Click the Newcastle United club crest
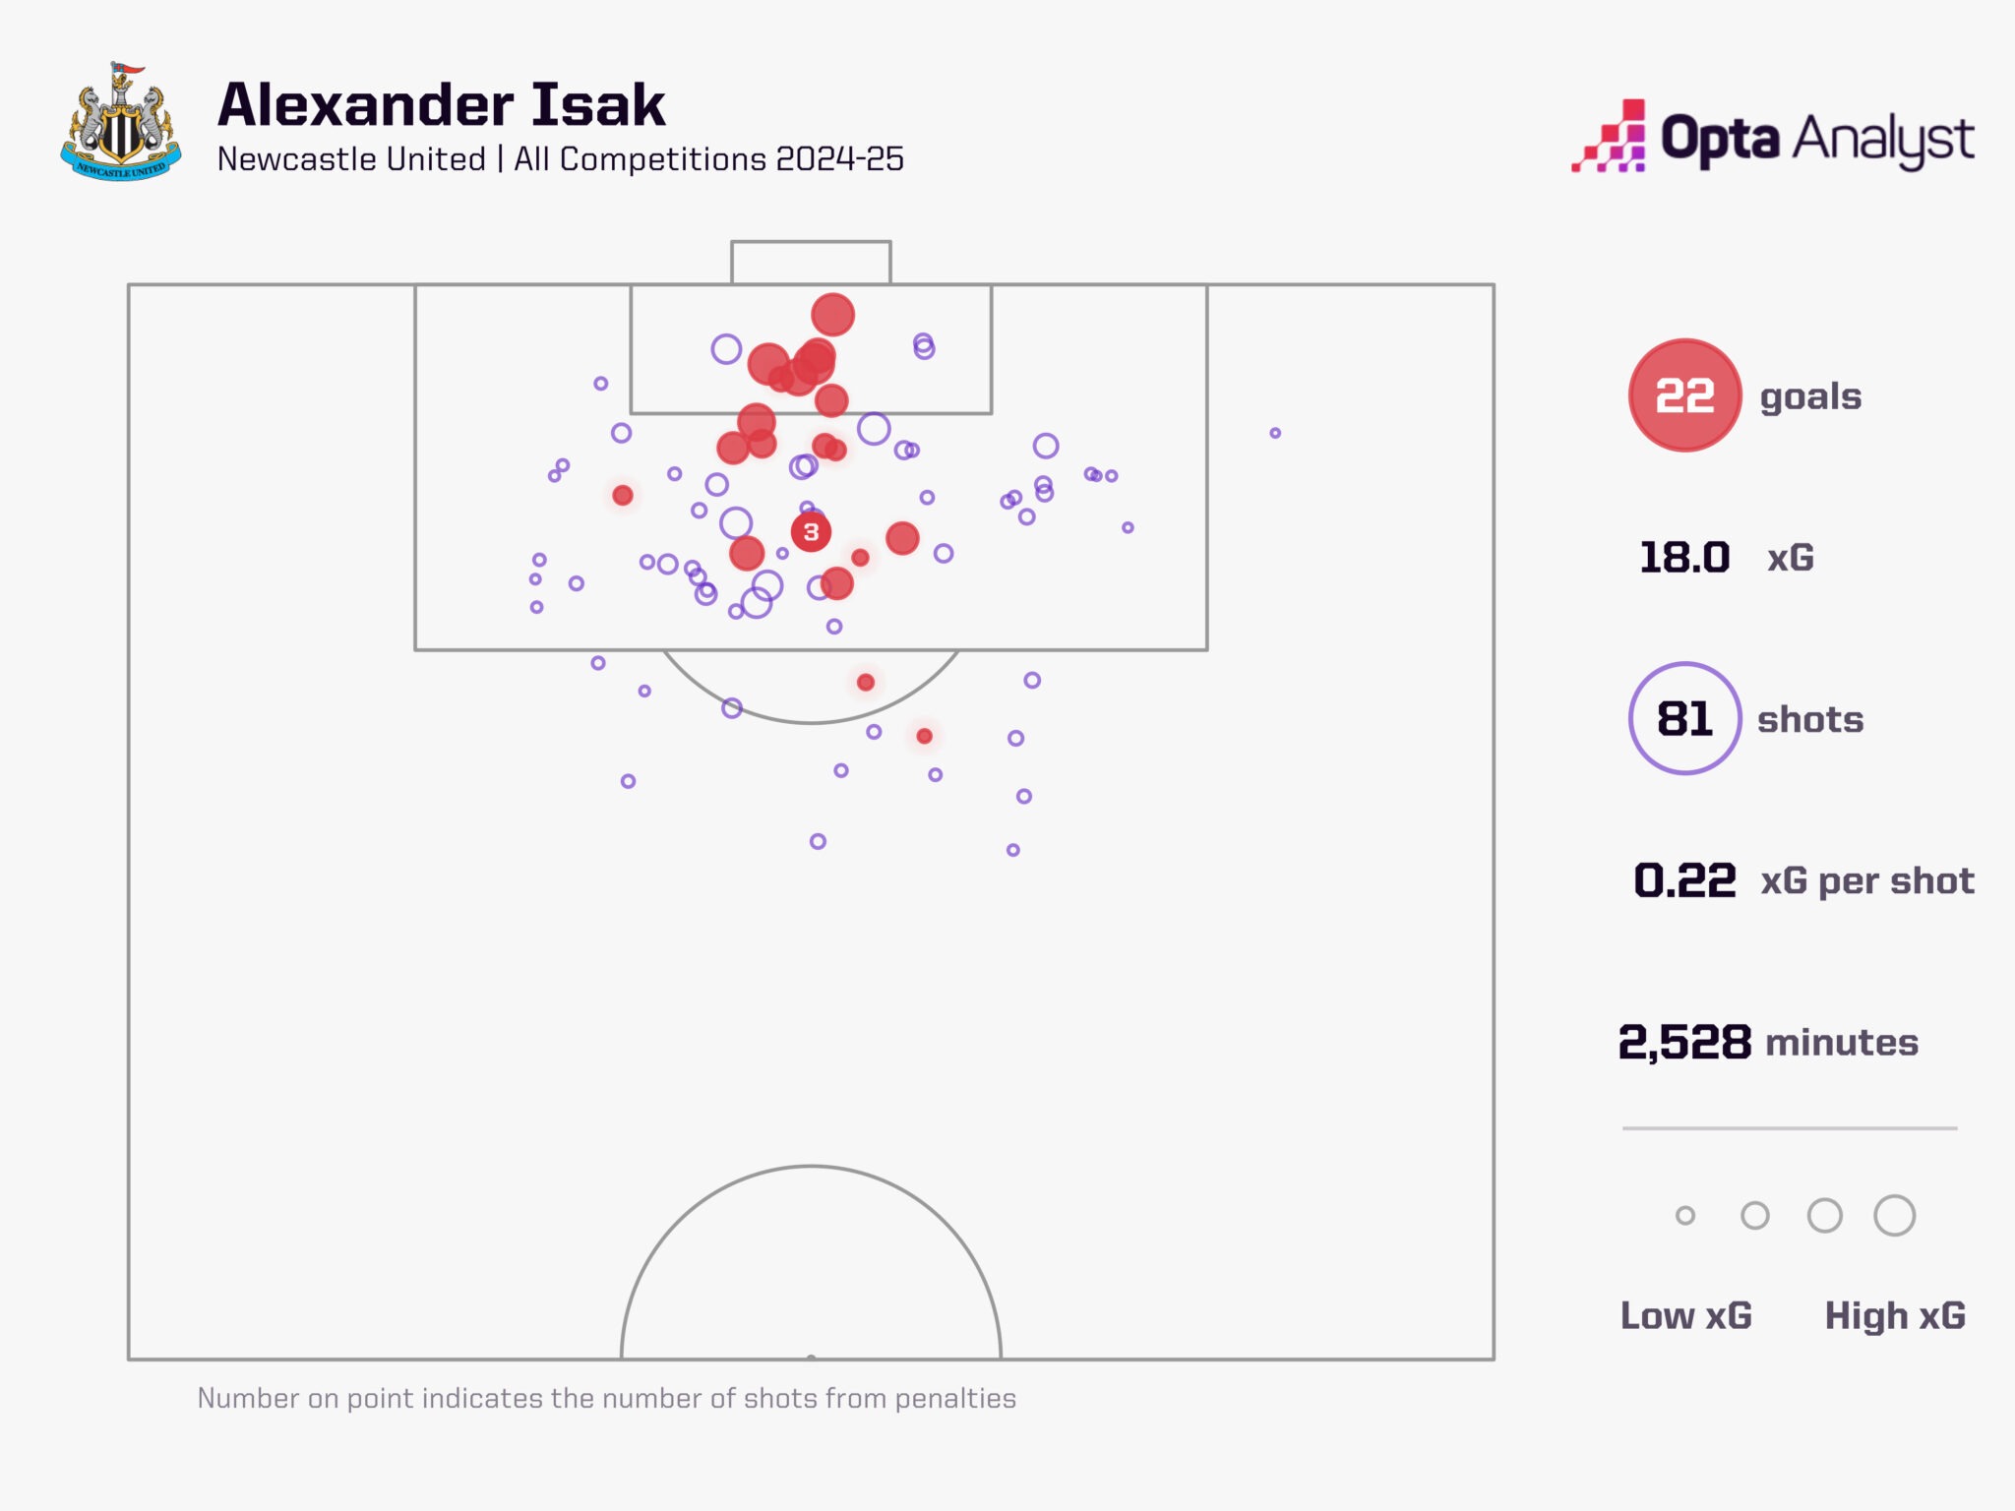121,123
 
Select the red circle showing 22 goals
1684,395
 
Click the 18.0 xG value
1683,558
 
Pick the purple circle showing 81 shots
1684,718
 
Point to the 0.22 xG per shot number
1684,880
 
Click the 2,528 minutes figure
1684,1042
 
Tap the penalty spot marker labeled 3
811,532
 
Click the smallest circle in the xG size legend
1685,1216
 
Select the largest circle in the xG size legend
1894,1216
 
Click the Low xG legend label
1685,1315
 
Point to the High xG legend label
1895,1315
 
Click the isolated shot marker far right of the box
1275,433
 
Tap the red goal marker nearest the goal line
832,315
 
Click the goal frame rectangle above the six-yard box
811,263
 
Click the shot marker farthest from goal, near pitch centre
818,841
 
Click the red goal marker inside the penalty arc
865,682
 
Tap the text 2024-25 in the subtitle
839,159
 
